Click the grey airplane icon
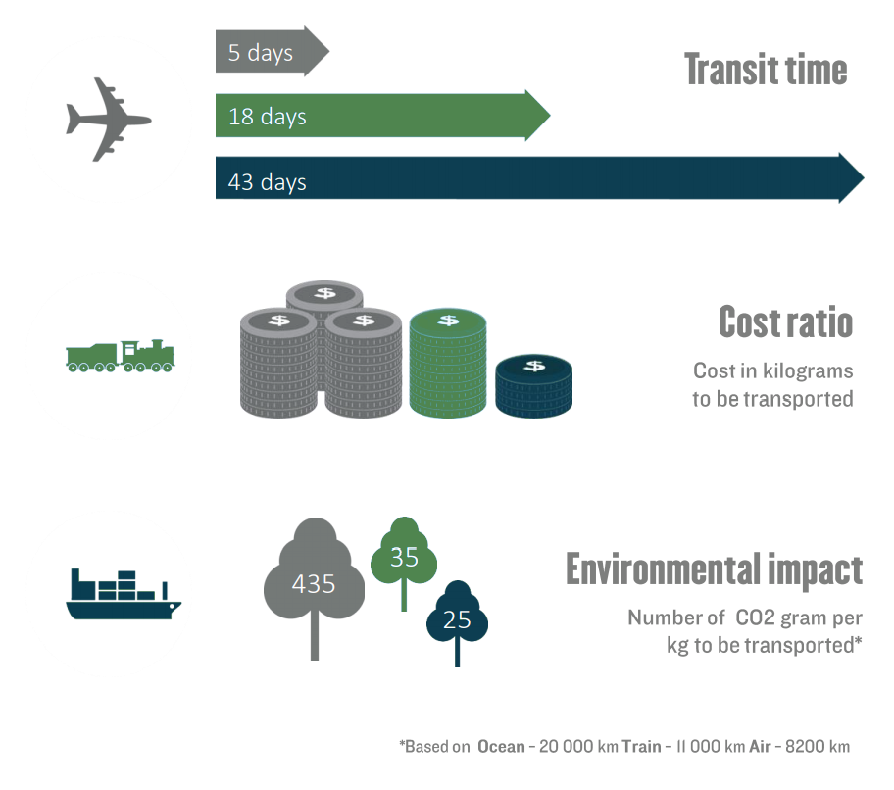tap(109, 120)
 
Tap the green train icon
tap(121, 356)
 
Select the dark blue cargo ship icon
tap(124, 595)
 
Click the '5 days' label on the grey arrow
tap(261, 53)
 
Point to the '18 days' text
tap(268, 117)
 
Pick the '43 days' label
tap(268, 182)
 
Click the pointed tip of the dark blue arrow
tap(865, 177)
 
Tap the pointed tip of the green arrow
tap(550, 115)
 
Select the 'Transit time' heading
tap(766, 70)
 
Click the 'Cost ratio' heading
tap(785, 322)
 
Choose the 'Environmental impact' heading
tap(714, 569)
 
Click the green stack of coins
tap(448, 363)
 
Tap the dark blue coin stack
tap(533, 386)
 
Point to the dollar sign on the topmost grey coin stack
tap(325, 293)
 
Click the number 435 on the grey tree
tap(314, 584)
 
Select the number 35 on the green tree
tap(404, 557)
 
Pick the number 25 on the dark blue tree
tap(457, 620)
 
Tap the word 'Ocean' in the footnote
tap(501, 747)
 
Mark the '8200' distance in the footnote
tap(805, 747)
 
